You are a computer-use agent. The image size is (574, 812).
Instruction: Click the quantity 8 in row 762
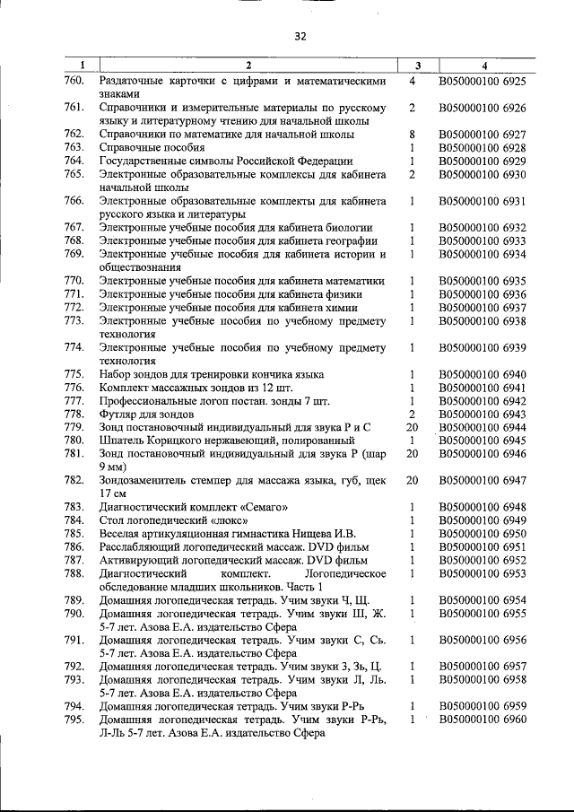click(x=411, y=134)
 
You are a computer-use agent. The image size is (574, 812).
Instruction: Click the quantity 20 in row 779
click(x=412, y=427)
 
